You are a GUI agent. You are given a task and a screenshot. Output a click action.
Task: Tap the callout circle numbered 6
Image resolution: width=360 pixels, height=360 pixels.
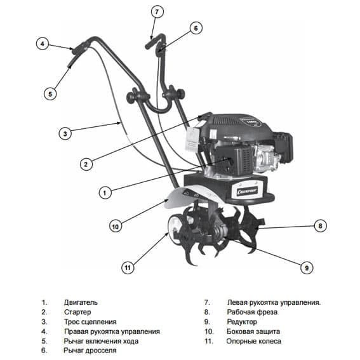196,28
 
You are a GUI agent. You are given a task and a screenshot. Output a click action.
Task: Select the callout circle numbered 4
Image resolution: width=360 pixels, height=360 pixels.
42,44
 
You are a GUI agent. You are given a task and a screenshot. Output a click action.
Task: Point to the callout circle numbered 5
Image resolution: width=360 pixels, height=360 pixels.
51,93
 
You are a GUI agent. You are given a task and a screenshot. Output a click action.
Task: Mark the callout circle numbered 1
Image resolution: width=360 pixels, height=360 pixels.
105,190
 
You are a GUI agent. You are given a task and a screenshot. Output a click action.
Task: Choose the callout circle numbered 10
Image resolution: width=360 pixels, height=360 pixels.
116,225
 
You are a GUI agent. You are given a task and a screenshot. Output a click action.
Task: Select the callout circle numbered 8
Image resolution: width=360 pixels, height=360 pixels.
321,225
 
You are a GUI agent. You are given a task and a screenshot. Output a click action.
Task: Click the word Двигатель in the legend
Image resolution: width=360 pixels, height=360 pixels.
81,303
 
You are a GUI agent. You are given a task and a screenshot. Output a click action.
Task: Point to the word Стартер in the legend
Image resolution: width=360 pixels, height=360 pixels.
77,312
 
